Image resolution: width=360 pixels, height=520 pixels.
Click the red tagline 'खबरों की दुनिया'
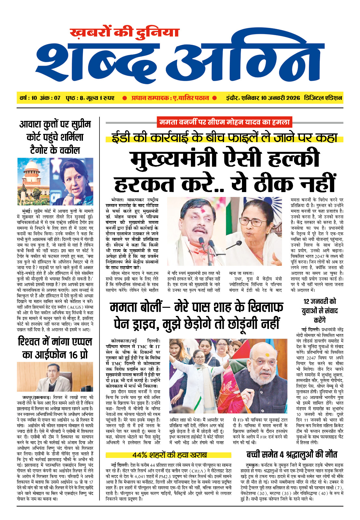pos(125,33)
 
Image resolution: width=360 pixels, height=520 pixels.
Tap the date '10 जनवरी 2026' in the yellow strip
pos(280,98)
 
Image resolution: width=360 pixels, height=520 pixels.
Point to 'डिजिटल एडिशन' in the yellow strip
pos(323,98)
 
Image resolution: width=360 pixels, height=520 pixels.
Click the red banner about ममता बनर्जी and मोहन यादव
pos(224,122)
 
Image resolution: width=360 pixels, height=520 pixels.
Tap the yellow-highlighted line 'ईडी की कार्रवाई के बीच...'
pos(224,137)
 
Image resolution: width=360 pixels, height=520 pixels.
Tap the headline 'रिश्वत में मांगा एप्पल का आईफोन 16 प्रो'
pos(55,348)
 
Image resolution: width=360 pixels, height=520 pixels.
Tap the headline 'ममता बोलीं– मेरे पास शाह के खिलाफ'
pos(196,307)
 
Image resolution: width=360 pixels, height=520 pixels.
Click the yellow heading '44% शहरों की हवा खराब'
pos(169,455)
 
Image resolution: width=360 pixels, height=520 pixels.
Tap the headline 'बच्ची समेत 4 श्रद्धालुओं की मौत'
pos(292,454)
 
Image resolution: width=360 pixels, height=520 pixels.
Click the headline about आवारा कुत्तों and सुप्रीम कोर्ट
pos(55,137)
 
